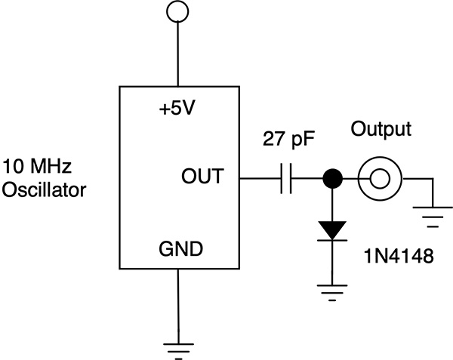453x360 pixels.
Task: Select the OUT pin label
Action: pyautogui.click(x=202, y=177)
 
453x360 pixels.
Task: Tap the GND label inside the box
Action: pyautogui.click(x=178, y=249)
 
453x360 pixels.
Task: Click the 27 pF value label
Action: pyautogui.click(x=288, y=140)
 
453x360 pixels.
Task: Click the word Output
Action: pyautogui.click(x=381, y=129)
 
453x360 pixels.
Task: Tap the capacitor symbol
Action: pyautogui.click(x=285, y=179)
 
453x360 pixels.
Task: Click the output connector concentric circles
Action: pyautogui.click(x=379, y=179)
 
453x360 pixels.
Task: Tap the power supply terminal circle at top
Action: pyautogui.click(x=177, y=12)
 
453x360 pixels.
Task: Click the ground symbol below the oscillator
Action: pyautogui.click(x=177, y=346)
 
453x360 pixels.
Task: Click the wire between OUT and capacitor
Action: pyautogui.click(x=259, y=179)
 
